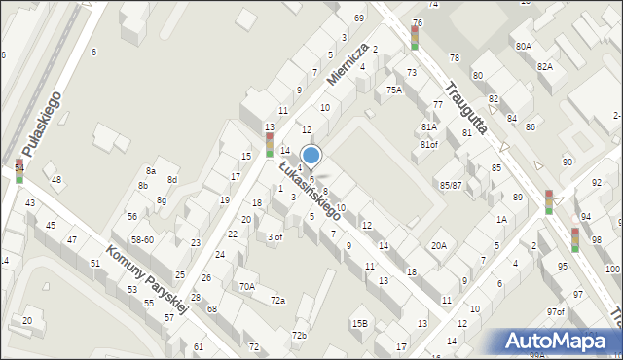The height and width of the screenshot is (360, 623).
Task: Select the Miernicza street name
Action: (348, 65)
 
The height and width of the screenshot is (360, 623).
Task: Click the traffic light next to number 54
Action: (19, 172)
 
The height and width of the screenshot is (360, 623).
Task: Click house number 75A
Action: (393, 90)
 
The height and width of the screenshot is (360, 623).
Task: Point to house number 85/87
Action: (451, 185)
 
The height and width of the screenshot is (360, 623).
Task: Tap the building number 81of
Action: (429, 145)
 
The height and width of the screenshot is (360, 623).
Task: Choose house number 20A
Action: (439, 245)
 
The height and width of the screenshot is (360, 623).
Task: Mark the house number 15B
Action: (359, 323)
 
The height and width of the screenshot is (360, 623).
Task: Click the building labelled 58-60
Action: (143, 239)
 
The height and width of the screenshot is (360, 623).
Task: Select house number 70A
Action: (247, 286)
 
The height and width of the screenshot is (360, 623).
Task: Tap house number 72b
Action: (299, 336)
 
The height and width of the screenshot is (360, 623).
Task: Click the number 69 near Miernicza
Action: (359, 18)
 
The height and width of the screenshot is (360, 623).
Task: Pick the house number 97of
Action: (555, 312)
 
